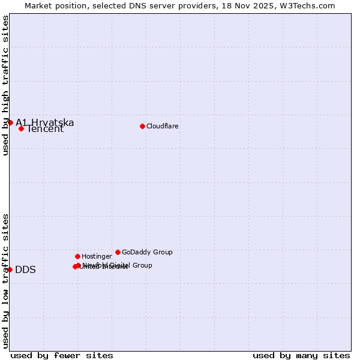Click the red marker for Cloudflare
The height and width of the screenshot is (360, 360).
(x=142, y=126)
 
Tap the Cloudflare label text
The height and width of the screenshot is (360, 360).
(x=162, y=126)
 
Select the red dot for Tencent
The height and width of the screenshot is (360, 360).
(x=21, y=128)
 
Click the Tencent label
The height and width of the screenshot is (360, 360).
(x=45, y=129)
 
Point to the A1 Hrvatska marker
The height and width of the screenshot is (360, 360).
(x=10, y=122)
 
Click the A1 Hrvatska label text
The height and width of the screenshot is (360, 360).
(x=45, y=122)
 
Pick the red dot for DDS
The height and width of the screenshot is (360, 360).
(x=10, y=269)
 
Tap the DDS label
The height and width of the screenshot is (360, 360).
(x=25, y=270)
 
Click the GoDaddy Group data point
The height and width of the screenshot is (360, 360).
(x=118, y=252)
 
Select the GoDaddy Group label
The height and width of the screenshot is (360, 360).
(x=147, y=252)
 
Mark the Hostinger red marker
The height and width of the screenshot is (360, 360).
(x=77, y=256)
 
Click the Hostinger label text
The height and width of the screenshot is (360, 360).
(x=97, y=256)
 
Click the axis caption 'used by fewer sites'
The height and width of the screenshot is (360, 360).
(x=62, y=355)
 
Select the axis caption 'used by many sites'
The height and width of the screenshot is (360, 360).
(x=301, y=355)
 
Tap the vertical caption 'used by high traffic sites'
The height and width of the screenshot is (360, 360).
(x=5, y=85)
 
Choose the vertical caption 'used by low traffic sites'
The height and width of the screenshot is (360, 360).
(x=5, y=281)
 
